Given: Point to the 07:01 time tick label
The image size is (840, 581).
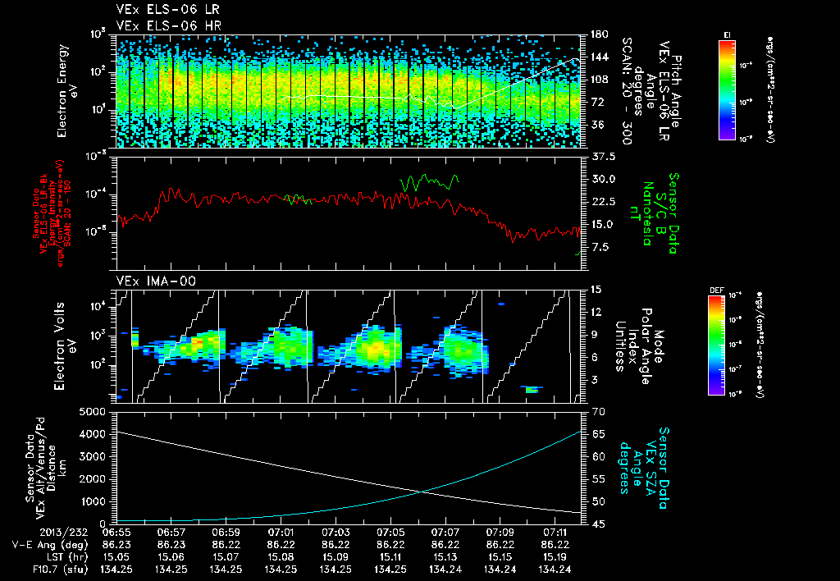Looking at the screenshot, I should coord(281,533).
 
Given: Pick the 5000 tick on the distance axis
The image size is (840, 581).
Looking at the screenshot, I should coord(94,410).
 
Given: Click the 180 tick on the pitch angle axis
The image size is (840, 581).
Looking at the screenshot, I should coord(596,34).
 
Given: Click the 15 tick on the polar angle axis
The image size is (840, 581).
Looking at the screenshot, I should coord(593,289).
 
